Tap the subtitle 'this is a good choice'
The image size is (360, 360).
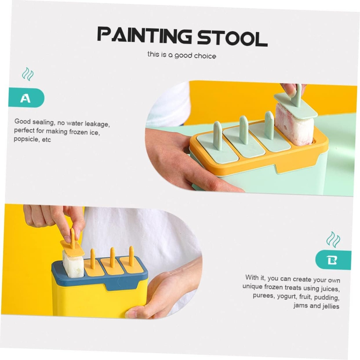[x=181, y=55]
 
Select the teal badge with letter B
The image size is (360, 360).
[x=333, y=260]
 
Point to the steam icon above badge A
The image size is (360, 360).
[x=27, y=74]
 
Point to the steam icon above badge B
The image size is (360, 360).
[x=333, y=239]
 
